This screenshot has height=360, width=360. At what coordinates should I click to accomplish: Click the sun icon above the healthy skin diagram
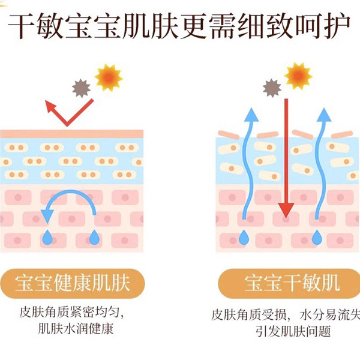pyautogui.click(x=109, y=77)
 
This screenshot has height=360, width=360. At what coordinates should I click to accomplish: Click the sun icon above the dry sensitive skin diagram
pyautogui.click(x=298, y=76)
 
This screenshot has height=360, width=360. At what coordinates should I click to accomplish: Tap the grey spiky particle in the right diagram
pyautogui.click(x=272, y=89)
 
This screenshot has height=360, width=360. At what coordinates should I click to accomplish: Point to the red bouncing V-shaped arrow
pyautogui.click(x=67, y=112)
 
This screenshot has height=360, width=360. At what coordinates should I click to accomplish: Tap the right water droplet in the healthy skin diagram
pyautogui.click(x=94, y=238)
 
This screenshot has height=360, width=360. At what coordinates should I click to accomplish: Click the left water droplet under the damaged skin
pyautogui.click(x=244, y=238)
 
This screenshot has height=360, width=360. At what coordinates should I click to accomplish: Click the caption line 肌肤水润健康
pyautogui.click(x=76, y=329)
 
